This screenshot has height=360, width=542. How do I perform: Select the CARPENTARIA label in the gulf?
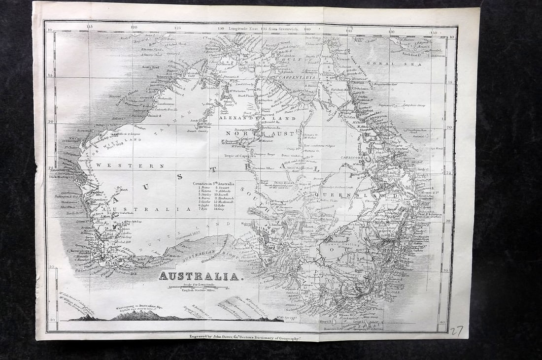pos(296,78)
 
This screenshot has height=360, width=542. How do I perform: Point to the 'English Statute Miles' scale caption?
pos(200,291)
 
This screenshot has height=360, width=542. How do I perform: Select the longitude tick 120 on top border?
pos(134,28)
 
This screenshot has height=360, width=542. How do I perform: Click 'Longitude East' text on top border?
pos(240,28)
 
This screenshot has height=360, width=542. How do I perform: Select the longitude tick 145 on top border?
pos(349,31)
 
